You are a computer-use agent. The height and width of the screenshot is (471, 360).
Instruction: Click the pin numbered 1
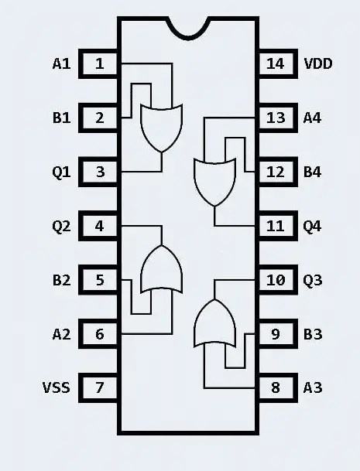(x=100, y=63)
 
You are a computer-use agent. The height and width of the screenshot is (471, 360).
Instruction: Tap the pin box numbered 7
(x=100, y=387)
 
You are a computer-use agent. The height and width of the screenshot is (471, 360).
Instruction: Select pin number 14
(x=276, y=63)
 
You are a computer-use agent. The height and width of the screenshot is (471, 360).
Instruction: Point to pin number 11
(x=276, y=226)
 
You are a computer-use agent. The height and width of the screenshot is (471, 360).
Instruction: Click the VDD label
(x=318, y=63)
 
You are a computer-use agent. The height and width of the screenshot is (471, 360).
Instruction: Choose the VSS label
(x=56, y=387)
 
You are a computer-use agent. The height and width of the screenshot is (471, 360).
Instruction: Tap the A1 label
(x=61, y=63)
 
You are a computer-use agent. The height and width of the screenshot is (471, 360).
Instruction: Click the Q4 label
(x=312, y=226)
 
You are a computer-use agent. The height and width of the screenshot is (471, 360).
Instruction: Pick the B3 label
(x=312, y=334)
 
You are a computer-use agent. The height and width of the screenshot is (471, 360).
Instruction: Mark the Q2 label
(x=61, y=226)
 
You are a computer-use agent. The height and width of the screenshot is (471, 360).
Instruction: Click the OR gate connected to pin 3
(x=160, y=125)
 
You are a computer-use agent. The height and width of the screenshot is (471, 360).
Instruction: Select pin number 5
(x=100, y=280)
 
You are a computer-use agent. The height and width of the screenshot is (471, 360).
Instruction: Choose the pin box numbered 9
(x=276, y=334)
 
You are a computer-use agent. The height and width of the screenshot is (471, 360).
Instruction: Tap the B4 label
(x=312, y=172)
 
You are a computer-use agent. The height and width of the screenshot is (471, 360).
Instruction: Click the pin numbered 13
(x=276, y=118)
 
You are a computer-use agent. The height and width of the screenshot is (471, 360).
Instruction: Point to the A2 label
(x=61, y=334)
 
